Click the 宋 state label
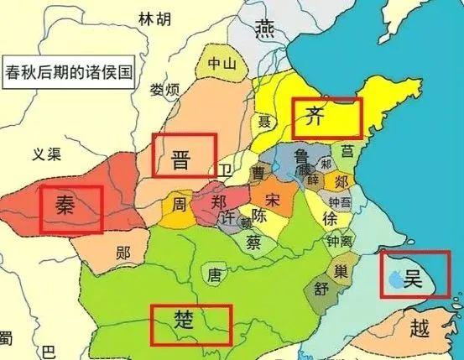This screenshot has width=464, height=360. (271, 199)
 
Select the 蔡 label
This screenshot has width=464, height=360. (253, 241)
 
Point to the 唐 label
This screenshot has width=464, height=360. (214, 274)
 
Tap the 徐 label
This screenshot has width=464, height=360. (329, 217)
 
